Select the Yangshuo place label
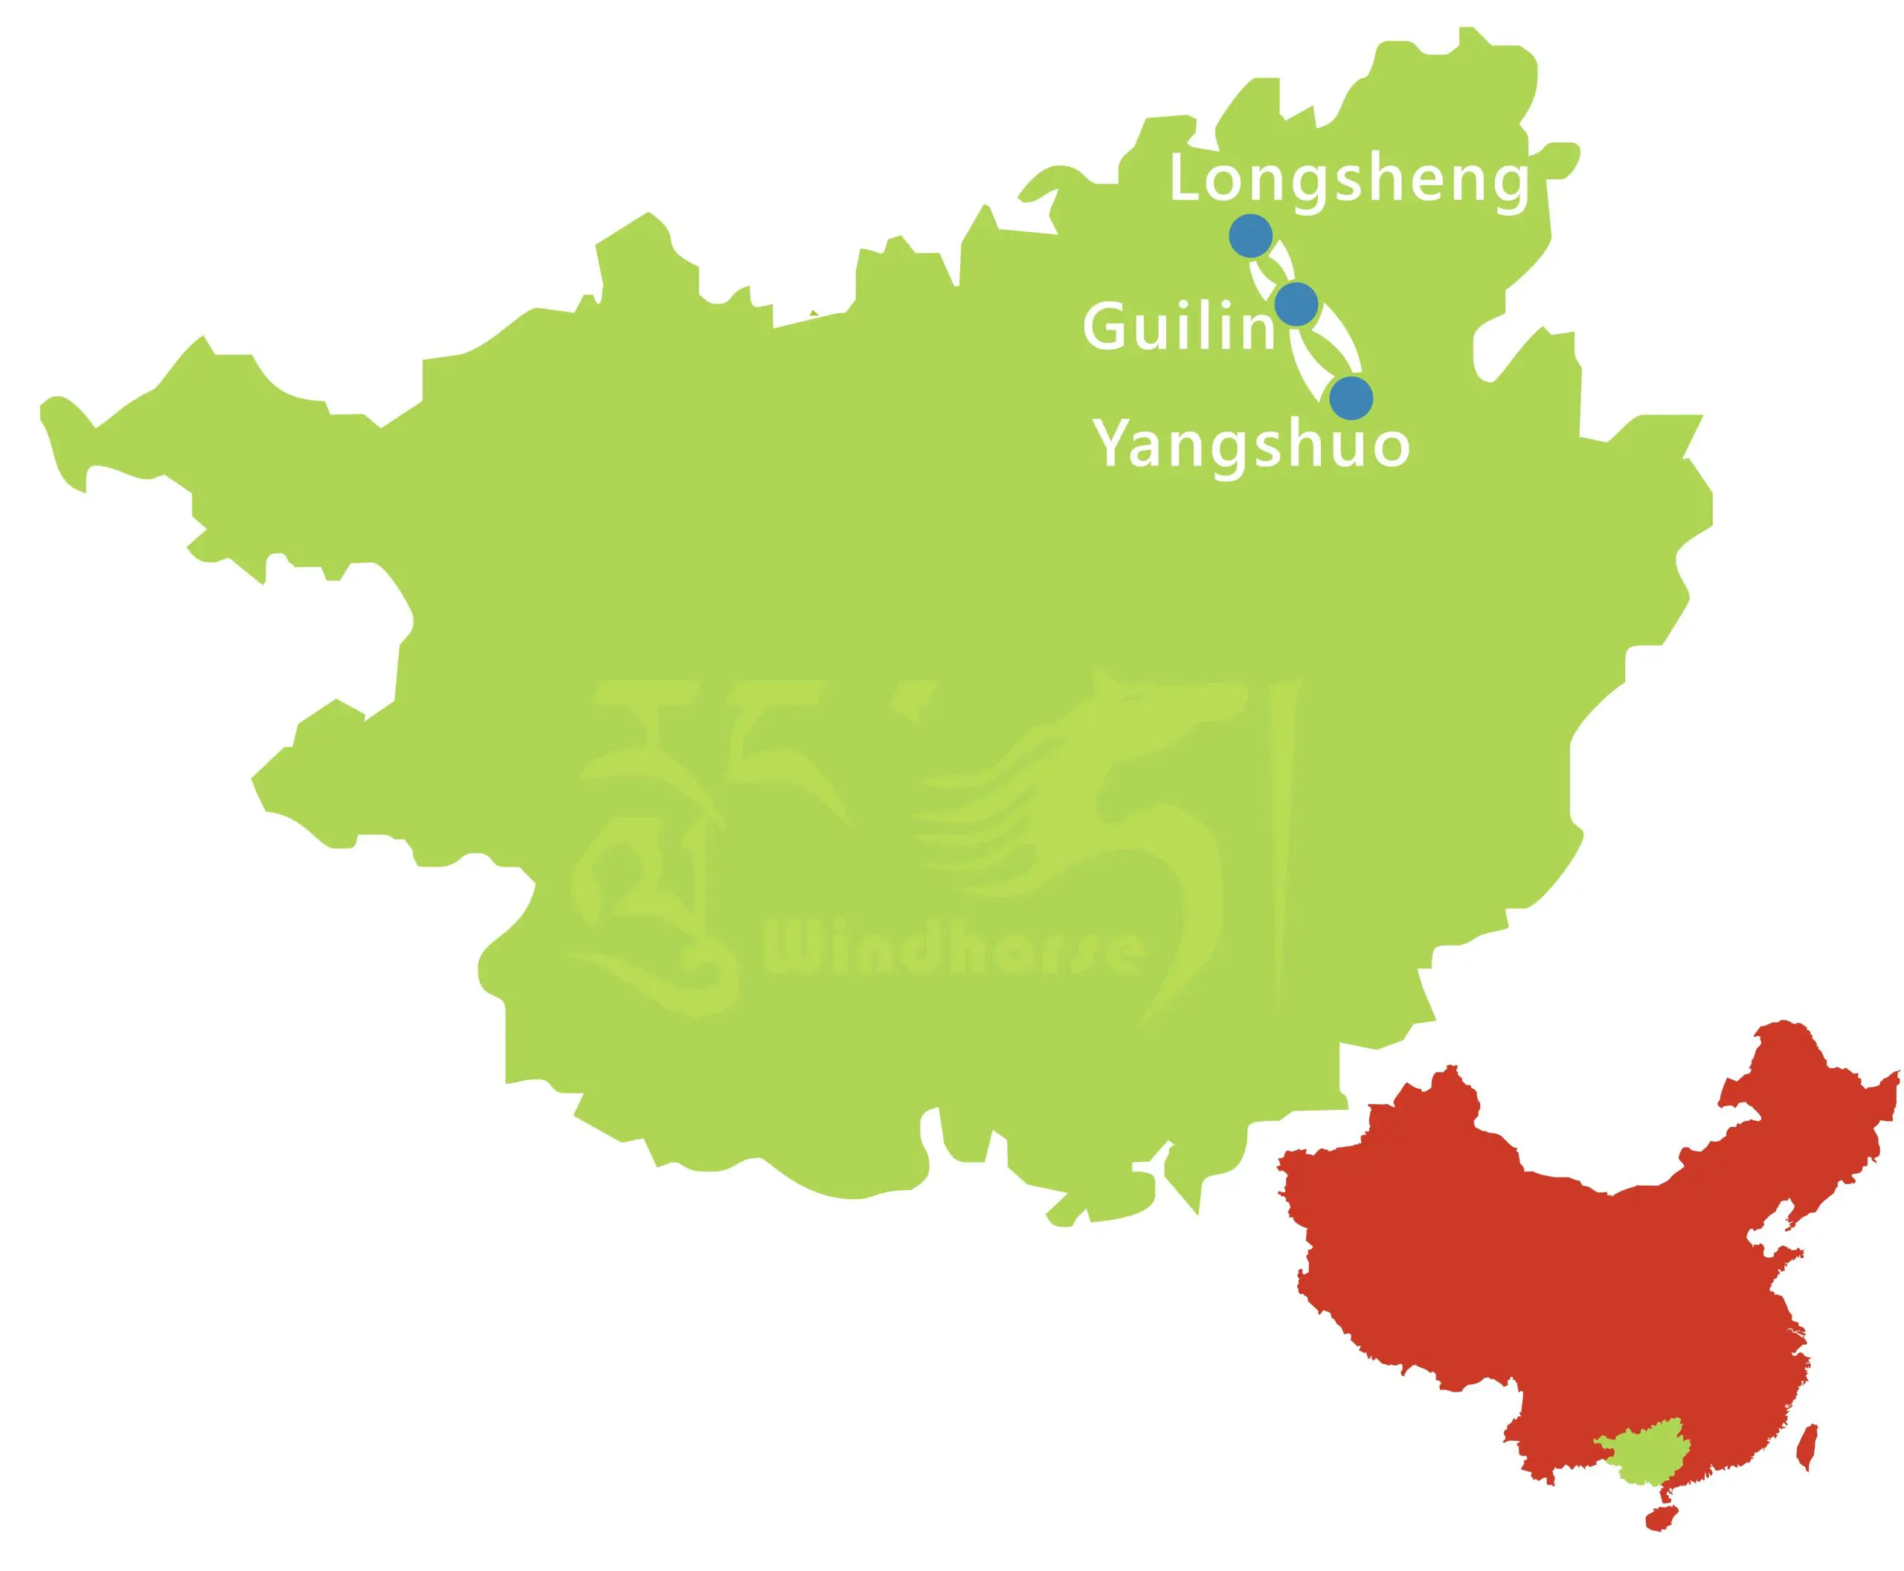[x=1252, y=443]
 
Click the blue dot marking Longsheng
[x=1251, y=237]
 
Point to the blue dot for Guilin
[x=1296, y=303]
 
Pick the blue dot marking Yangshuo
[x=1350, y=397]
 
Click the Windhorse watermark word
[x=955, y=950]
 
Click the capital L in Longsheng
[x=1186, y=179]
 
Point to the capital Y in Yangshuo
[x=1116, y=443]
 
